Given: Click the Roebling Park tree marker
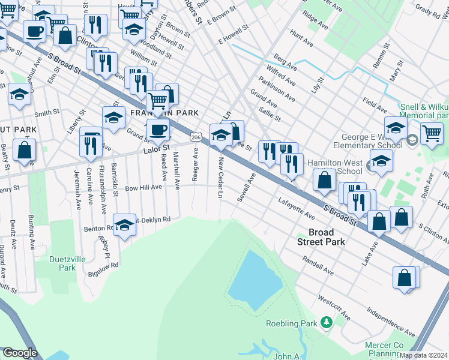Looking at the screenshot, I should click(x=326, y=323).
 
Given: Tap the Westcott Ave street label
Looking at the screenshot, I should click(x=334, y=307).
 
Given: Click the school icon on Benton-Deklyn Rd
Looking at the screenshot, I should click(x=124, y=224).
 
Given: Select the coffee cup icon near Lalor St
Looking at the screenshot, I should click(x=158, y=129).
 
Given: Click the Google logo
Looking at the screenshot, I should click(x=20, y=353).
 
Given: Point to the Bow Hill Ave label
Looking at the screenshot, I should click(x=143, y=187).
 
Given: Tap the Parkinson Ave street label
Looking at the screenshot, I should click(x=277, y=89).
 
